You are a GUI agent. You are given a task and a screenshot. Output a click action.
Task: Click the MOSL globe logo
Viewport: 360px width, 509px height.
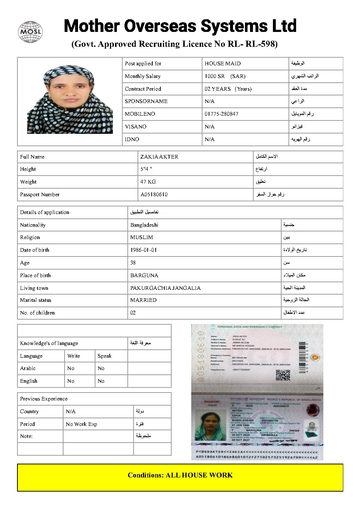pos(30,32)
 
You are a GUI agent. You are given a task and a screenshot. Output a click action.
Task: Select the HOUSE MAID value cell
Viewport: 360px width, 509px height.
pos(222,63)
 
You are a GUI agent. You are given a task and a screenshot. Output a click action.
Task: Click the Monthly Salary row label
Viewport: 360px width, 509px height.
pos(143,76)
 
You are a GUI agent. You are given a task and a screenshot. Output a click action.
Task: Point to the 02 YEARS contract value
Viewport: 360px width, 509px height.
pos(218,89)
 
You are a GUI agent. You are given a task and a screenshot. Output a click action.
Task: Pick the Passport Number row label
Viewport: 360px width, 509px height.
pos(40,194)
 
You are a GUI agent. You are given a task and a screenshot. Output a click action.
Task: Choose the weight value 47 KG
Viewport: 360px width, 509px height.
pos(148,182)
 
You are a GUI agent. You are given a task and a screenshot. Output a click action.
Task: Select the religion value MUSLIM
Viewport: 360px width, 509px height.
pos(142,237)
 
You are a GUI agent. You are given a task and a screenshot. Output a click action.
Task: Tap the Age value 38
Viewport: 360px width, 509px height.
pos(133,263)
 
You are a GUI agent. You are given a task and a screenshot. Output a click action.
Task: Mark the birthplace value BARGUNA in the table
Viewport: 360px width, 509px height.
pos(144,275)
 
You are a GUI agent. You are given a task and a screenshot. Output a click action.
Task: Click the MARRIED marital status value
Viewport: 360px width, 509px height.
pos(143,300)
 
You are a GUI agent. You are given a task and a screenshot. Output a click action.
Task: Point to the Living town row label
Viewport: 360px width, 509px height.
pos(34,288)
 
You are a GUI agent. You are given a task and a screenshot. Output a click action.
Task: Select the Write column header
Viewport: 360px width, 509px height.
pos(74,356)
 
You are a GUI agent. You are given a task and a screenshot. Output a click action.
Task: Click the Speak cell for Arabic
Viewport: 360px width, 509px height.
pos(101,368)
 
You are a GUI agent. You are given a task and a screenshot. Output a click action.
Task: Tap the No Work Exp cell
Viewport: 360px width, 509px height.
pos(82,424)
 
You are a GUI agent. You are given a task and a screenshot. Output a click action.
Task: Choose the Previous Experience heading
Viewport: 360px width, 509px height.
pos(44,399)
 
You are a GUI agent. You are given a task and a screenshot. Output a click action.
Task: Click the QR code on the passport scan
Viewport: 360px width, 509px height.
pos(283,375)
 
